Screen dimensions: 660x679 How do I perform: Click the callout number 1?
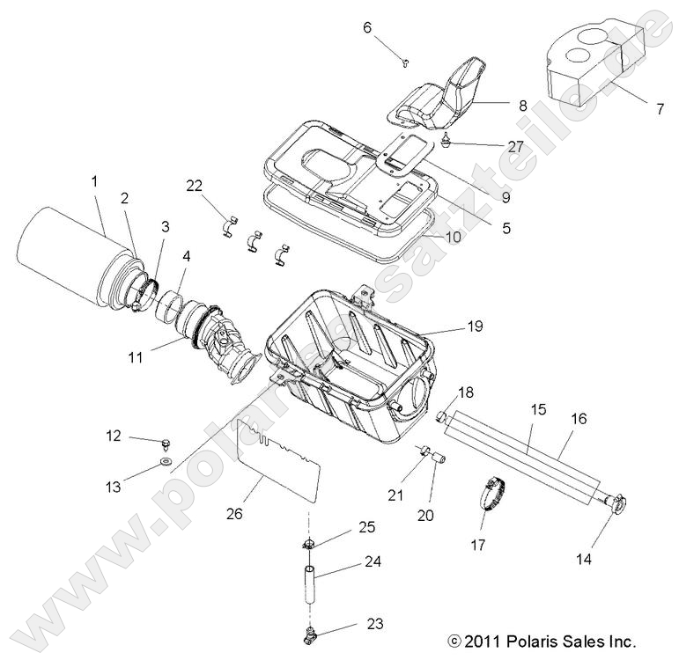point(94,182)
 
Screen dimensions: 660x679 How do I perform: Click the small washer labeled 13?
point(166,461)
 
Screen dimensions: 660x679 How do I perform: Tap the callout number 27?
point(515,146)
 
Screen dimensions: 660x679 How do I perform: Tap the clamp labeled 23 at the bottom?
point(310,630)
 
